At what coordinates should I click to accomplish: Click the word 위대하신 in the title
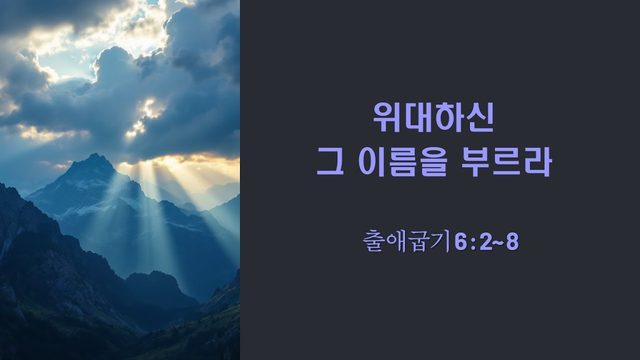pos(433,117)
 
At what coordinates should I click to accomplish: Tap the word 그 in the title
pos(330,162)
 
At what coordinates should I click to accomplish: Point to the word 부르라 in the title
pos(506,162)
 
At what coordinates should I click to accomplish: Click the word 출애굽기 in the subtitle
pos(407,241)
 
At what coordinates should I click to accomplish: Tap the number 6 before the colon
pos(460,242)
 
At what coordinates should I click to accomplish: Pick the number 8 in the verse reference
pos(512,242)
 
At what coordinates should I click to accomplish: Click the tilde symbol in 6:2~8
pos(499,242)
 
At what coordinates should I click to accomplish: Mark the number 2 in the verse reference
pos(486,242)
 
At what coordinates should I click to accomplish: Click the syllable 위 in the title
pos(387,117)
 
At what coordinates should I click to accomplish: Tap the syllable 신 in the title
pos(480,117)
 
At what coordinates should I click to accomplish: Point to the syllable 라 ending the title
pos(538,162)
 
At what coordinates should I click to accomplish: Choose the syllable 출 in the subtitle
pos(374,241)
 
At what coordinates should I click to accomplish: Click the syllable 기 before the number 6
pos(442,241)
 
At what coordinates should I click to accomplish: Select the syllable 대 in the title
pos(418,117)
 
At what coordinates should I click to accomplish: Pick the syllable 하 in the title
pos(449,117)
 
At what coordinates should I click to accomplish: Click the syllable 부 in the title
pos(475,162)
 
